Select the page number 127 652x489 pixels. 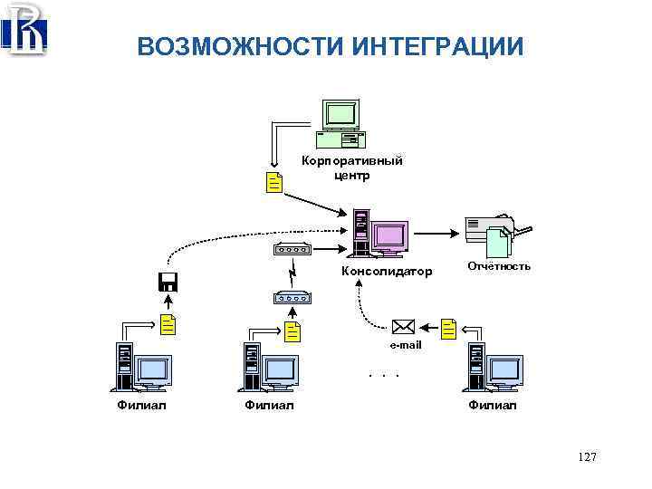click(586, 458)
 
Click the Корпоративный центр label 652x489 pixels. click(351, 168)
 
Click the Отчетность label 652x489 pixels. click(499, 266)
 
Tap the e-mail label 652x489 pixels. click(405, 345)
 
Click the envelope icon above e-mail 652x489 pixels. click(404, 327)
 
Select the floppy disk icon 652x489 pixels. click(168, 281)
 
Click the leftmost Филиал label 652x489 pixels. click(142, 405)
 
